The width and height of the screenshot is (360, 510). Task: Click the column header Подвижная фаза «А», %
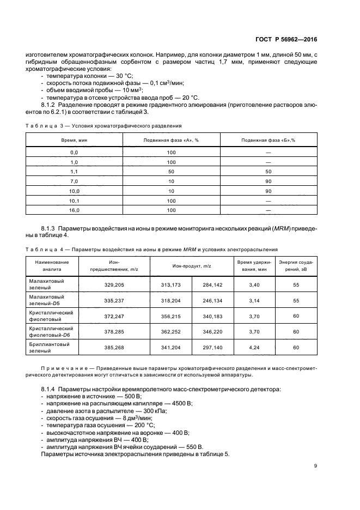[x=171, y=140]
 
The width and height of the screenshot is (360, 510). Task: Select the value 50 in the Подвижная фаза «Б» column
[x=268, y=171]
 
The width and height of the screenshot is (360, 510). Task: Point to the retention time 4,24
[x=254, y=348]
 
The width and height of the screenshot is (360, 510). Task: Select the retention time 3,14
[x=254, y=300]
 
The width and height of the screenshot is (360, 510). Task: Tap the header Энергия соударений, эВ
[x=296, y=265]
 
